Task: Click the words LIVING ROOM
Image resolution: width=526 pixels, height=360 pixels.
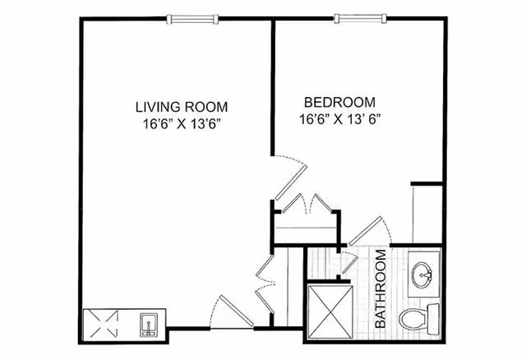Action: pyautogui.click(x=181, y=106)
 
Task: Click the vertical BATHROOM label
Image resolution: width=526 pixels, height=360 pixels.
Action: pyautogui.click(x=382, y=289)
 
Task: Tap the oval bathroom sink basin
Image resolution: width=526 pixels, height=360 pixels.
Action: pyautogui.click(x=424, y=273)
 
